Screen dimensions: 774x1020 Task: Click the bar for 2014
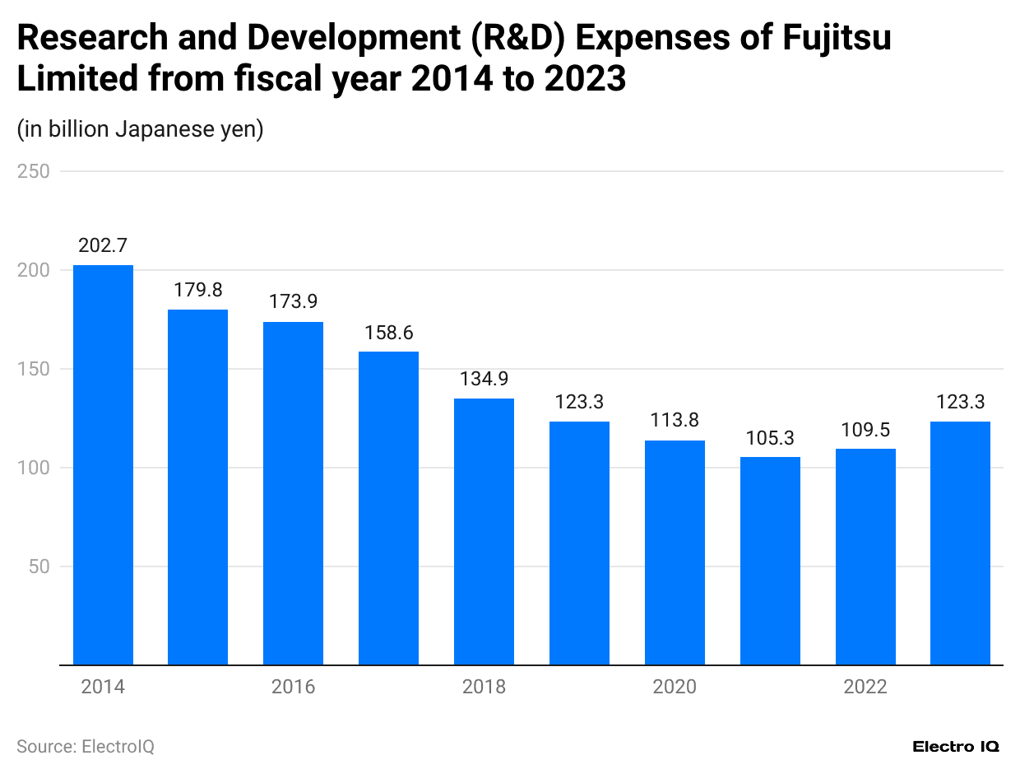point(103,464)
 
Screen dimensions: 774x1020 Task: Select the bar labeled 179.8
point(198,487)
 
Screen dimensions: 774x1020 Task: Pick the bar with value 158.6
point(388,507)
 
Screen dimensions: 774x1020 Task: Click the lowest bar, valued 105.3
point(770,560)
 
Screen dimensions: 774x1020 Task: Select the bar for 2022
point(865,556)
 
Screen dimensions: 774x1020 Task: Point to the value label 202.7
point(103,245)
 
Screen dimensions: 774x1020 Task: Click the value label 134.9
point(484,379)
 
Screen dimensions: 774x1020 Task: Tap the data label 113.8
point(675,421)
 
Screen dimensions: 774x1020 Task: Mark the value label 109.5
point(865,429)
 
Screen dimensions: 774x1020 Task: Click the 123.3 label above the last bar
point(960,402)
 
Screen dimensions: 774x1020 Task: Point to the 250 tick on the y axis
point(34,171)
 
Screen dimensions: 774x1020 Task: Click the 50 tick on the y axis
point(39,567)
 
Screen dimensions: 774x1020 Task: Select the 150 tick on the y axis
point(34,369)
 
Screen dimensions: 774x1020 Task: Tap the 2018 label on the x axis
point(484,687)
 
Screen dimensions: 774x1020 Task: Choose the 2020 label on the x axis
point(675,687)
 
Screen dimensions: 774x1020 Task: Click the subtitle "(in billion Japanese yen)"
point(140,129)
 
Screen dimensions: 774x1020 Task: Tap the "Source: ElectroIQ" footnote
point(86,746)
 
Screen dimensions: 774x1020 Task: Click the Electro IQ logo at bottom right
point(956,746)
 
